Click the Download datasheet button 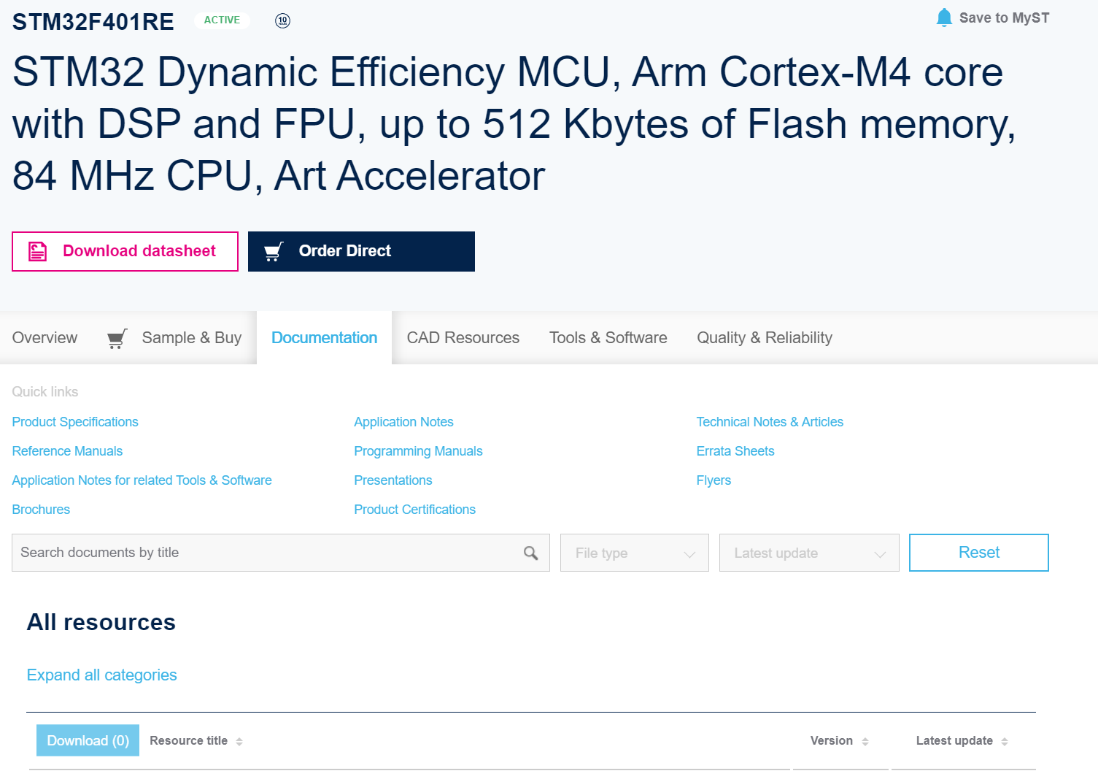[x=125, y=251]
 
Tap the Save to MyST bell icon [x=943, y=18]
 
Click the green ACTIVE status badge [x=222, y=20]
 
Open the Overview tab [x=45, y=337]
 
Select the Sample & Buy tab [x=174, y=337]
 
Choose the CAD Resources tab [x=463, y=337]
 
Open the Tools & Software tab [x=608, y=337]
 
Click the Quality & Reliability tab [x=764, y=337]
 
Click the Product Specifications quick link [x=75, y=422]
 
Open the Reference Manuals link [x=67, y=450]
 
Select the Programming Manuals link [x=418, y=450]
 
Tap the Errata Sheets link [x=735, y=450]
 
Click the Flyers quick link [x=714, y=480]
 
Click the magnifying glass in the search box [x=530, y=553]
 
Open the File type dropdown [x=634, y=553]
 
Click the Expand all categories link [x=101, y=675]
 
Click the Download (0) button [x=88, y=740]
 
